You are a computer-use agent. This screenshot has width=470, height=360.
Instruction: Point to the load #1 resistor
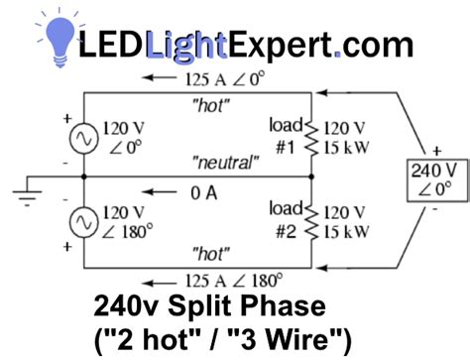[x=311, y=137]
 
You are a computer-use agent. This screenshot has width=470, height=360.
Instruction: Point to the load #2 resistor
[x=311, y=221]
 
